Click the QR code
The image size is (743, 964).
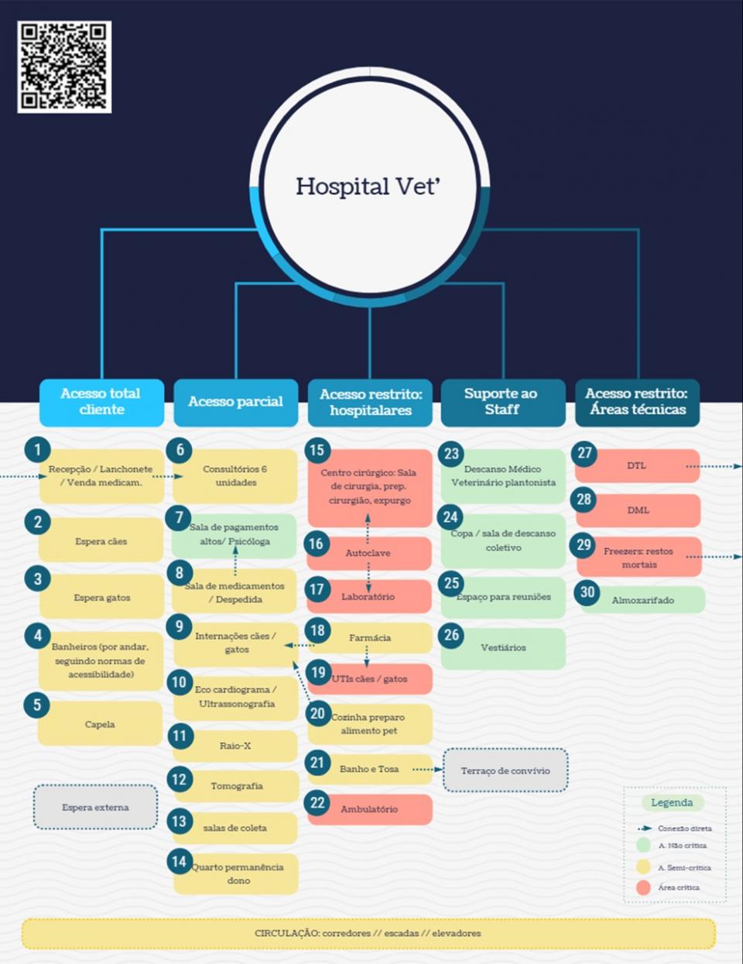point(64,67)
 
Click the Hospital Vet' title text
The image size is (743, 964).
point(367,187)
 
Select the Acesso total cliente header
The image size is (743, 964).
point(101,402)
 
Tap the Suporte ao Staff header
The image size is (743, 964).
point(502,402)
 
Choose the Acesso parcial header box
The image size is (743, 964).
point(235,402)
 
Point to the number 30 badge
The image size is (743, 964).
point(587,592)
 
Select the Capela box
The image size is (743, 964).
point(100,724)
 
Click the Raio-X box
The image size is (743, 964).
point(235,746)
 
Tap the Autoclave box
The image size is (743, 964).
point(368,553)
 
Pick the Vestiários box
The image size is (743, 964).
point(503,647)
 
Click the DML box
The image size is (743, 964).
point(638,510)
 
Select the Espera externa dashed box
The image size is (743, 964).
point(95,807)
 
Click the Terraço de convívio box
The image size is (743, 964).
point(505,770)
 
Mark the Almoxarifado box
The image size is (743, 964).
point(642,600)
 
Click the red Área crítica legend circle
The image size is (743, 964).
point(643,887)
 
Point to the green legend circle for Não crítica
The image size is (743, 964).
point(643,845)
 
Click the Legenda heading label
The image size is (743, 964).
point(672,802)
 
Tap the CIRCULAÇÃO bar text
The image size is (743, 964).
point(368,934)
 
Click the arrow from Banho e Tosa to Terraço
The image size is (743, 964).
point(427,769)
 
